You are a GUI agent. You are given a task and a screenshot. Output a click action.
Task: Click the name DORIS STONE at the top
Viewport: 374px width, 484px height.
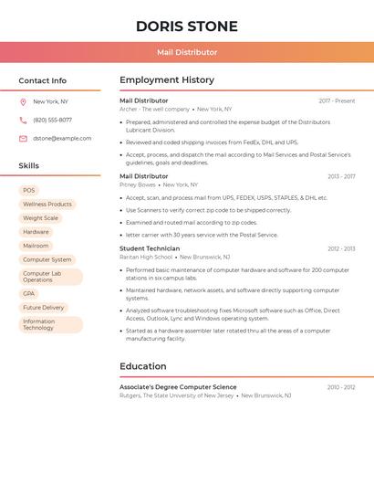[x=187, y=26]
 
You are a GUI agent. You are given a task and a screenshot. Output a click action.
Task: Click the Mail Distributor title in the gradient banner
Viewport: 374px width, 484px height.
[x=187, y=53]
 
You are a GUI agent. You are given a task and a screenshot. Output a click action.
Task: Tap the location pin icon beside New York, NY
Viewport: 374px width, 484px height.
[x=23, y=102]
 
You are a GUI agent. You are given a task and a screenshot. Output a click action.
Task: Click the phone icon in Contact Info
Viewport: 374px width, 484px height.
[x=23, y=121]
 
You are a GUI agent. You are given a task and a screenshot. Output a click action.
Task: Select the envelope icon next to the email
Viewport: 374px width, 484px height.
[x=23, y=139]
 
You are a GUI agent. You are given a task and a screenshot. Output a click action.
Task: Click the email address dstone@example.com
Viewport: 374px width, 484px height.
[x=62, y=139]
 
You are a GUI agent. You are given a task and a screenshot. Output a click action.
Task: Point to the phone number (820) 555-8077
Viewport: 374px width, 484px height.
[x=52, y=121]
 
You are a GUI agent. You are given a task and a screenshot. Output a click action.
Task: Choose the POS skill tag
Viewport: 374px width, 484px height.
[x=28, y=190]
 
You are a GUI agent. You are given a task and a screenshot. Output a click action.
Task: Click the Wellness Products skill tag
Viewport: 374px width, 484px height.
[x=47, y=205]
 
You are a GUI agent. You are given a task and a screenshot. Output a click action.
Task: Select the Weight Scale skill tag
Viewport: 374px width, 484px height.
[x=40, y=218]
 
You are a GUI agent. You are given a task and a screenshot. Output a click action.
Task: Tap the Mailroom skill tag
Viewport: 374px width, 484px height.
[x=36, y=246]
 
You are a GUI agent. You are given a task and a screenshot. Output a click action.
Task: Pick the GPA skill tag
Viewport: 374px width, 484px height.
[x=28, y=294]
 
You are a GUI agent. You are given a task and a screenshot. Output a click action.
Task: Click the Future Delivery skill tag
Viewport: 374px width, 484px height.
[x=44, y=308]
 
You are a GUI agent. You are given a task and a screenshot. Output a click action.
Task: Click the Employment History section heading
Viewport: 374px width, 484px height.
[x=167, y=80]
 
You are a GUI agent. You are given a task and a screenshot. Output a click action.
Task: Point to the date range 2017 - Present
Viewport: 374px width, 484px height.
[x=337, y=101]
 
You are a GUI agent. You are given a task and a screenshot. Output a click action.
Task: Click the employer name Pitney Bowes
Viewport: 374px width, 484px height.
[x=138, y=184]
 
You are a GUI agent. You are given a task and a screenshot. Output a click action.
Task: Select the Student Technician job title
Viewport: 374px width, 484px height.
[x=150, y=248]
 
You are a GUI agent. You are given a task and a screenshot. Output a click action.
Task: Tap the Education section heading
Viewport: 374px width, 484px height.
[x=143, y=366]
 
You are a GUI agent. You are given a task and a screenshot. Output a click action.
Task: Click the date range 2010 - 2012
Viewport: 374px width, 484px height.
[x=341, y=387]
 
